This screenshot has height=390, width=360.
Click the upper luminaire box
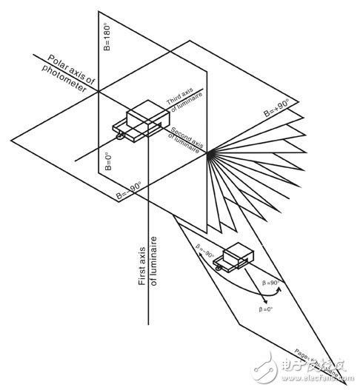(x=145, y=121)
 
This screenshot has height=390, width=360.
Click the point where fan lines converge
(x=210, y=153)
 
